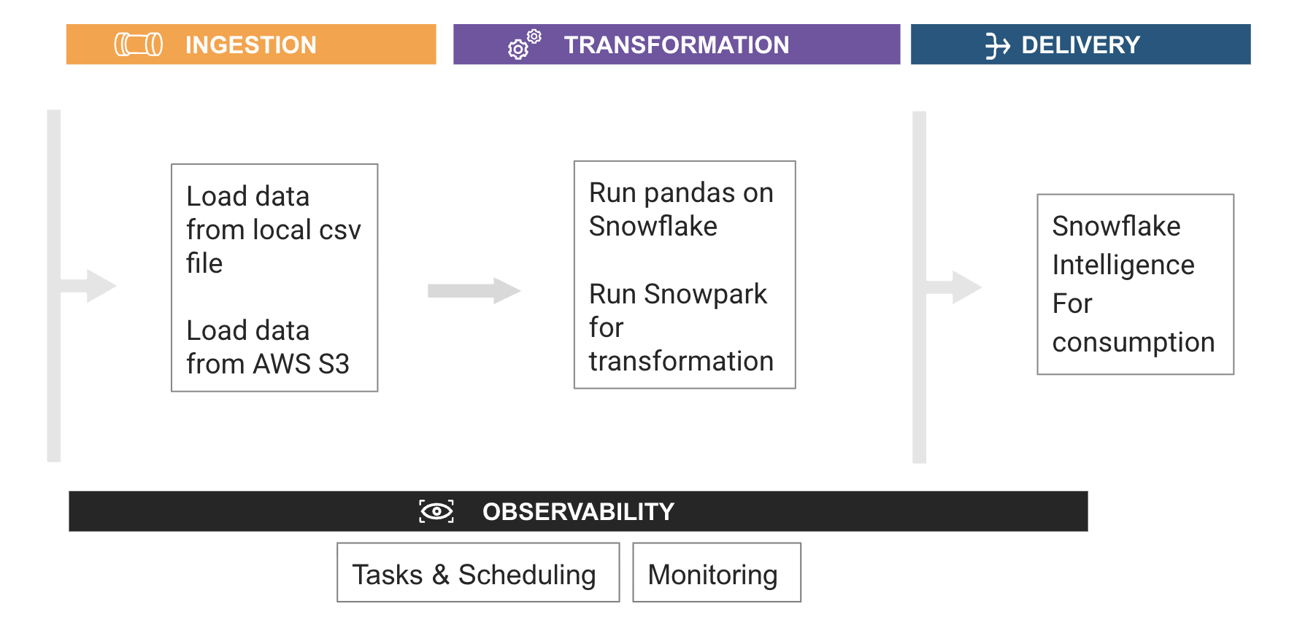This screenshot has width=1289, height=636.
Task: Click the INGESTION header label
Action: click(250, 44)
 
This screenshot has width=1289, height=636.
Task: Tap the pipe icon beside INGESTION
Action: click(139, 44)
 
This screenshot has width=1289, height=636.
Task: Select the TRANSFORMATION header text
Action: click(677, 44)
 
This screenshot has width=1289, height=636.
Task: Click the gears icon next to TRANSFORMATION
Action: click(524, 44)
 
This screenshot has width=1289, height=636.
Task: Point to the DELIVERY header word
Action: click(1080, 44)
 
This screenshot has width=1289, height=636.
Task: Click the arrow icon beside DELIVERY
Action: click(997, 45)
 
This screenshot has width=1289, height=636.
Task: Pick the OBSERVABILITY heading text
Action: click(578, 511)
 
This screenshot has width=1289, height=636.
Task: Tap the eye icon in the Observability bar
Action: click(436, 511)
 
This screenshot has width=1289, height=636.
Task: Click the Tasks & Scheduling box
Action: click(478, 573)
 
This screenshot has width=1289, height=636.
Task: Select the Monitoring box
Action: click(717, 573)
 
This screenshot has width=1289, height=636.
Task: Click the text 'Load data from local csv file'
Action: click(274, 230)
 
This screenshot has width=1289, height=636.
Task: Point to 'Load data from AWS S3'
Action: click(268, 347)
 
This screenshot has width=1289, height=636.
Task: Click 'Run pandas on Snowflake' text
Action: click(681, 209)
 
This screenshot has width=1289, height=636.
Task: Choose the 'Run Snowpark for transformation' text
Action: click(681, 327)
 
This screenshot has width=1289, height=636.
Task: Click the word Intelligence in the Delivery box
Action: click(1123, 265)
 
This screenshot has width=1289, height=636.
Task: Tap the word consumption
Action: click(1134, 342)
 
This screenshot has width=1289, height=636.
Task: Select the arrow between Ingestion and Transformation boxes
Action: click(474, 290)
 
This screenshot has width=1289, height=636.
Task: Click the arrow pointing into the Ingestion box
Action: click(88, 286)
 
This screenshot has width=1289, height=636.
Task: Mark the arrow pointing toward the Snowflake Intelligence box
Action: click(953, 287)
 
